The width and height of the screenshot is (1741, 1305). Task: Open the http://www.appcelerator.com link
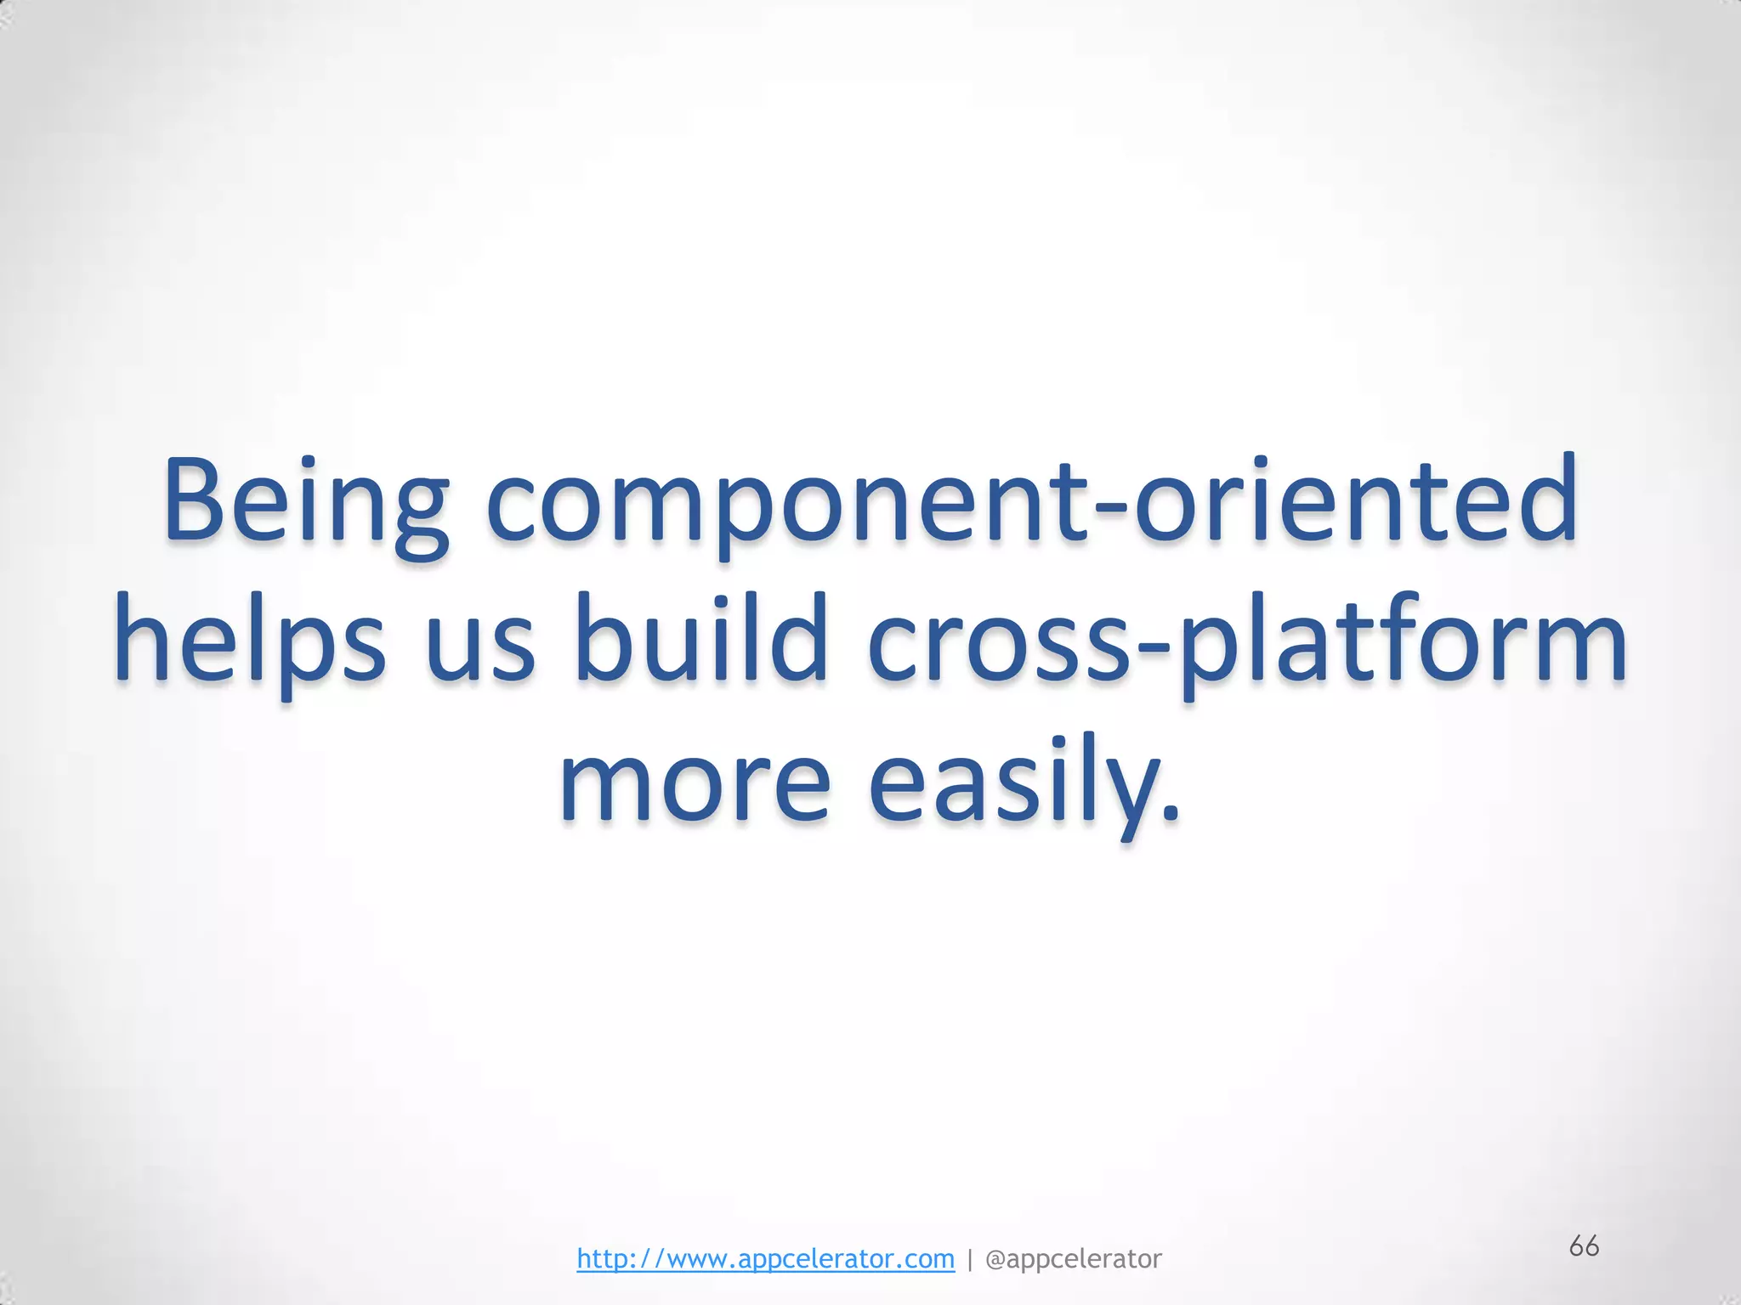coord(765,1258)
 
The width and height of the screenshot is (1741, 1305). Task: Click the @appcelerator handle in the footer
coord(1073,1258)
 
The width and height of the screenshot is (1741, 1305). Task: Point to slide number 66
coord(1584,1246)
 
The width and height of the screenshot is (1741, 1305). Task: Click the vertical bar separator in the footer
coord(970,1258)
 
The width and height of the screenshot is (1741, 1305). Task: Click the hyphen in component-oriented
coord(1109,514)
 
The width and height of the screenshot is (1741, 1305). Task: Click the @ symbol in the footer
coord(995,1258)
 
